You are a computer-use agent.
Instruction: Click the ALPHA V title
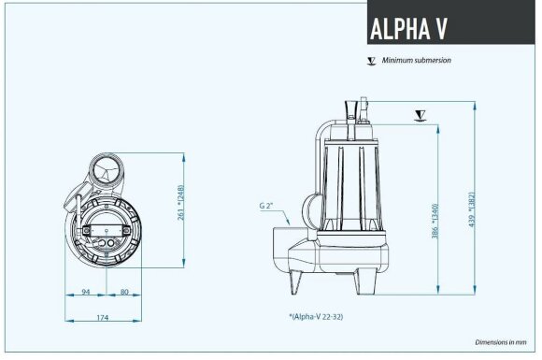(x=409, y=28)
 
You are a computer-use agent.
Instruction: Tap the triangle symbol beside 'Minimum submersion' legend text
(x=372, y=61)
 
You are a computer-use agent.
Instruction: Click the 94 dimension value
(x=85, y=292)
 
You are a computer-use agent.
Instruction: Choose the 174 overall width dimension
(x=102, y=318)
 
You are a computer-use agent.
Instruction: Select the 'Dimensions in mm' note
(x=503, y=343)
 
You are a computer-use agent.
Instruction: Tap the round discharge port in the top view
(x=107, y=173)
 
